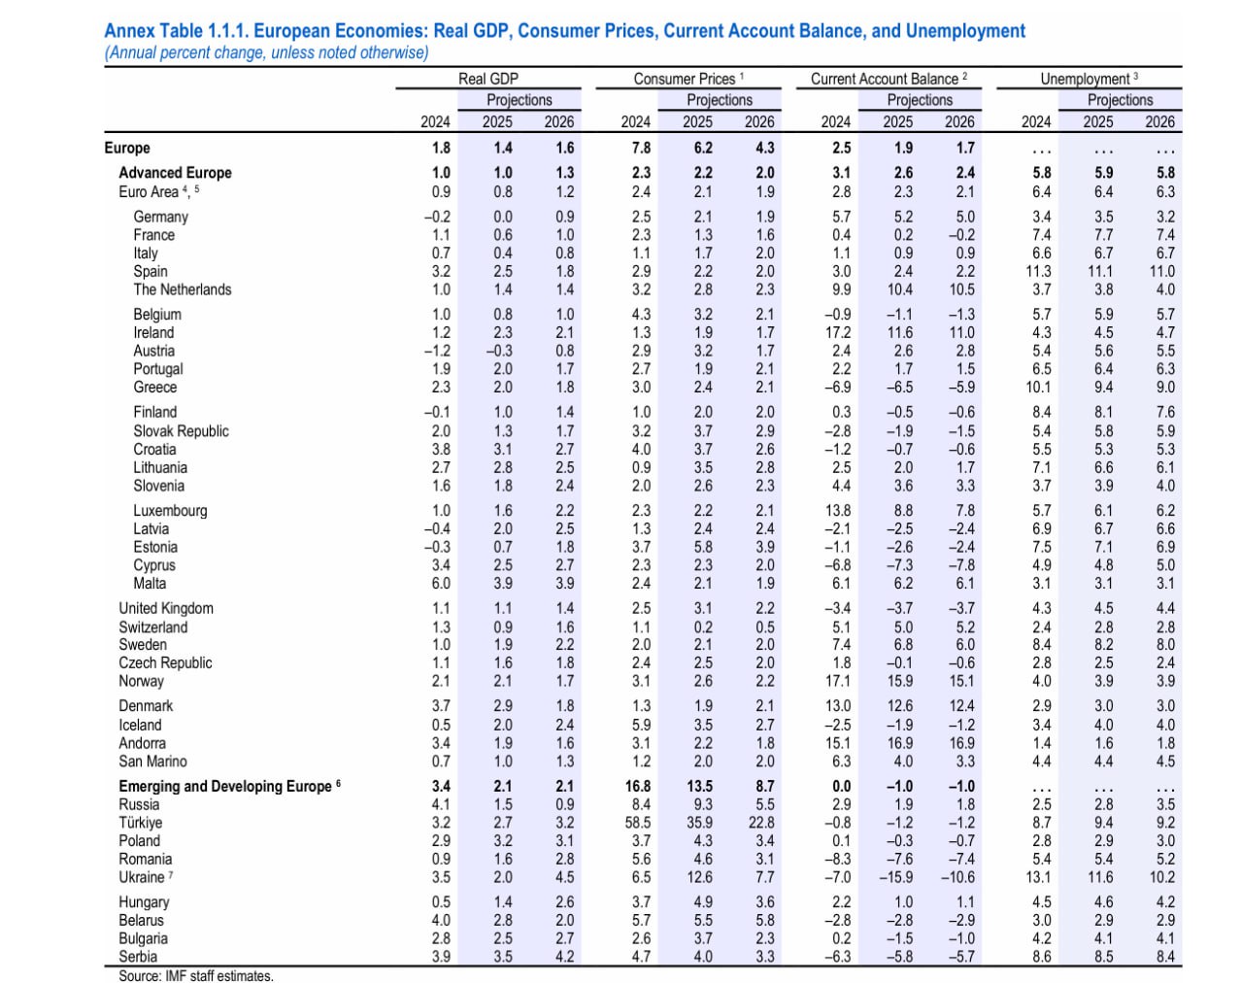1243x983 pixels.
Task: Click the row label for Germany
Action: point(160,217)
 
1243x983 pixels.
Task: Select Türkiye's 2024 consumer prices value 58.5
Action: point(638,823)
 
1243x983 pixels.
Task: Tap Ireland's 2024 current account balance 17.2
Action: point(838,332)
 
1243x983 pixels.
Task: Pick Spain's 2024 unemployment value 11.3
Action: point(1038,271)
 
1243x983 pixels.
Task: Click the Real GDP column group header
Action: point(488,79)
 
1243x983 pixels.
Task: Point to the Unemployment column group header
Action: point(1089,79)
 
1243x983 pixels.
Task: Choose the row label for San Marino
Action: point(152,762)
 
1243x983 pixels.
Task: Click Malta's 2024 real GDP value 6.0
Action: point(441,583)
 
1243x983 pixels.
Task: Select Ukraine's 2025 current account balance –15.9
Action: point(896,877)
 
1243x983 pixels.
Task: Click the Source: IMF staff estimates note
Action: point(196,975)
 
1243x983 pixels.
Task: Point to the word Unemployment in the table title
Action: point(965,31)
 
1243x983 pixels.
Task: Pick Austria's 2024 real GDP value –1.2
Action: point(437,351)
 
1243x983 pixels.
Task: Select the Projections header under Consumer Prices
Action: point(720,100)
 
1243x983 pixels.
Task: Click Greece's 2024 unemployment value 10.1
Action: point(1038,388)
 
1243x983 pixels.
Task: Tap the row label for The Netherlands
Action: point(182,289)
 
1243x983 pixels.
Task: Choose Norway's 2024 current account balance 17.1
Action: point(838,681)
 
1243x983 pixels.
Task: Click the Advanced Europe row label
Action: point(175,173)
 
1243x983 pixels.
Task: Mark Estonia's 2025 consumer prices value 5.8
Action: point(702,547)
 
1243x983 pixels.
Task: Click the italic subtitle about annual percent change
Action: point(266,52)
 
